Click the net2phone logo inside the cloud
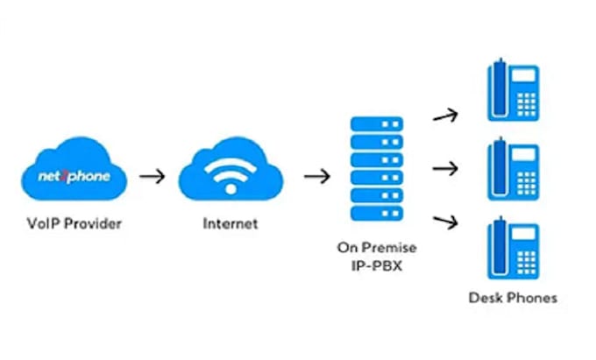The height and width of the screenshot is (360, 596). [74, 176]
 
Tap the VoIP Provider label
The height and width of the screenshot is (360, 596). [74, 223]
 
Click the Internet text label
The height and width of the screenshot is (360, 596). [231, 223]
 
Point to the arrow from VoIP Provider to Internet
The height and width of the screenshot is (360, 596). [152, 176]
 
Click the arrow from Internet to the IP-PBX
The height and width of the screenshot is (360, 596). [316, 176]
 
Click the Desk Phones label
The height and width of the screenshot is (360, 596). [513, 298]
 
